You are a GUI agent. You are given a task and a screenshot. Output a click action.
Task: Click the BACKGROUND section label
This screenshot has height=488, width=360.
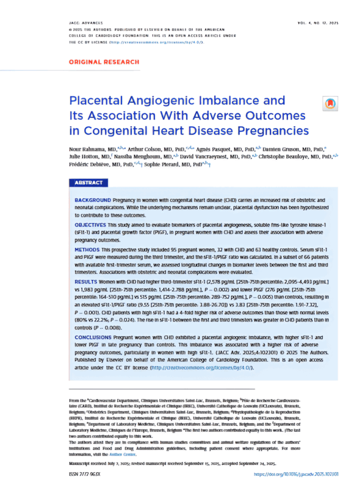[x=96, y=200]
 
